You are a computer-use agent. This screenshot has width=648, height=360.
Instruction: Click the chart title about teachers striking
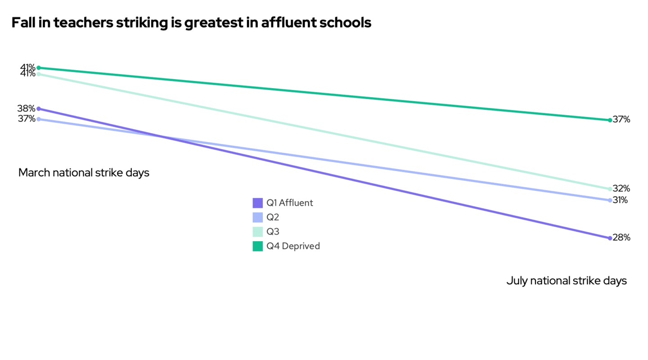(x=191, y=23)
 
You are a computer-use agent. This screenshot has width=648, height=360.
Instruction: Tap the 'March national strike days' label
(x=84, y=173)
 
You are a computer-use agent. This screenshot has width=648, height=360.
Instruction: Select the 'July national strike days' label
(x=567, y=281)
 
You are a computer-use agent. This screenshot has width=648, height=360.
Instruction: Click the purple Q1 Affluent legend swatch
(x=257, y=203)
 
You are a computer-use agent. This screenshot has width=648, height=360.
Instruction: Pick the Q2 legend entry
(x=272, y=217)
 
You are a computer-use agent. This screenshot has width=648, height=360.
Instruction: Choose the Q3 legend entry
(x=272, y=232)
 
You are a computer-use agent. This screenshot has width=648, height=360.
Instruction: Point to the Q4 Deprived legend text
(x=293, y=246)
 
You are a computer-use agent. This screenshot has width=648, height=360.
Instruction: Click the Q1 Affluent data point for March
(x=39, y=108)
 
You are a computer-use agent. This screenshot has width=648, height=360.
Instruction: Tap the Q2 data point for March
(x=39, y=119)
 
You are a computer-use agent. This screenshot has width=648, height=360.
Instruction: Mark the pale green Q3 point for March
(x=39, y=74)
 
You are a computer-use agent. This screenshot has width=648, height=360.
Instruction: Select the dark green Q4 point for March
(x=39, y=68)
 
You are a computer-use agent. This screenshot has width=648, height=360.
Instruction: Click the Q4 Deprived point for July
(x=610, y=120)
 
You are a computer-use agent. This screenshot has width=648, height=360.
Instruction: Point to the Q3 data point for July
(x=610, y=189)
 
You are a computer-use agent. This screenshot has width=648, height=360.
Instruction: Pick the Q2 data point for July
(x=610, y=200)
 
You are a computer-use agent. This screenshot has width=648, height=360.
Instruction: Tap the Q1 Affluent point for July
(x=610, y=238)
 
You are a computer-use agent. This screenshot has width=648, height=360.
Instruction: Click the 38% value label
(x=27, y=108)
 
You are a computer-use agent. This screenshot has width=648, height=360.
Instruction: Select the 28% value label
(x=621, y=238)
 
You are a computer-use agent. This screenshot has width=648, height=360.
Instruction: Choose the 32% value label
(x=621, y=189)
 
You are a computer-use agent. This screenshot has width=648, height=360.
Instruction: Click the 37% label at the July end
(x=621, y=120)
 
